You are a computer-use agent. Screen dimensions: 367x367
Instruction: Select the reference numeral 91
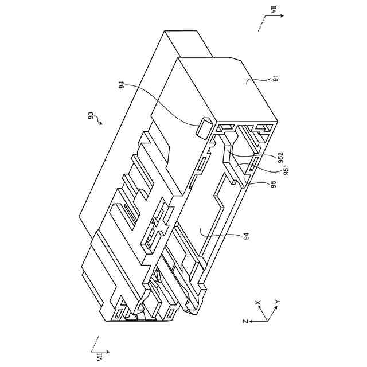click(x=276, y=79)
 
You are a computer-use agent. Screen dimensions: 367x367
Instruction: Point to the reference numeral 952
click(x=280, y=157)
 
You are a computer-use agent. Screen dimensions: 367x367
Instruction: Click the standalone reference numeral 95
click(x=274, y=185)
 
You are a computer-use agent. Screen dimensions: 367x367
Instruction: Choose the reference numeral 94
click(x=245, y=235)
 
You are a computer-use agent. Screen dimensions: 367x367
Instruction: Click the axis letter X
click(x=258, y=302)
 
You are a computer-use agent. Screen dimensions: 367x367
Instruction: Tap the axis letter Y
click(x=277, y=302)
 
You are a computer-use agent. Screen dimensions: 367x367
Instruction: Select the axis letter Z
click(x=245, y=322)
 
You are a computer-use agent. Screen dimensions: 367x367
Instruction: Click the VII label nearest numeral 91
click(x=274, y=10)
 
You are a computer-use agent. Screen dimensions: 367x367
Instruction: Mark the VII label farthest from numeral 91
click(x=92, y=356)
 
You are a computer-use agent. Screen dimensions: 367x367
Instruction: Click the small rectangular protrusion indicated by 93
click(x=204, y=127)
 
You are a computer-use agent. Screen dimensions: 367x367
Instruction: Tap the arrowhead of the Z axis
click(x=251, y=322)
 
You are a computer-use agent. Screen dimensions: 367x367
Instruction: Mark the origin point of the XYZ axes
click(x=265, y=321)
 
